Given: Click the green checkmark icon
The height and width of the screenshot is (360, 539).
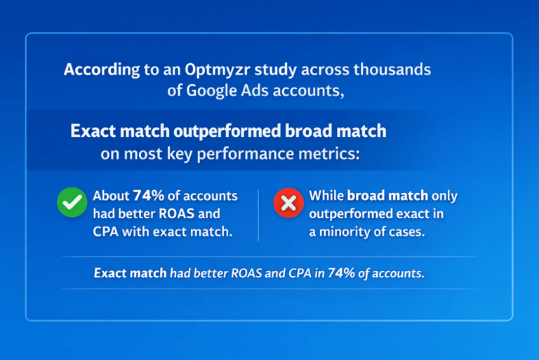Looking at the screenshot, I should click(x=71, y=204).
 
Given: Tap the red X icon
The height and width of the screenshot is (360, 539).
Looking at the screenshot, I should click(x=288, y=204).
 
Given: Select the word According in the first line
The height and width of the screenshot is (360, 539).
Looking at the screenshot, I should click(x=97, y=70).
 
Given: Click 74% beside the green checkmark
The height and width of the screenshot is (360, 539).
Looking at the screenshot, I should click(x=148, y=196).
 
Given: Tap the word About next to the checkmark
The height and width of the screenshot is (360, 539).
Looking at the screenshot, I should click(x=111, y=196).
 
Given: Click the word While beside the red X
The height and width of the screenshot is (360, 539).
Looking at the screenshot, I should click(x=326, y=196).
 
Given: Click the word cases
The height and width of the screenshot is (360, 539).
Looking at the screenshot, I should click(x=408, y=232).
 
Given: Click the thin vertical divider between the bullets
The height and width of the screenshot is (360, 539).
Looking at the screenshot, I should click(x=258, y=215).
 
